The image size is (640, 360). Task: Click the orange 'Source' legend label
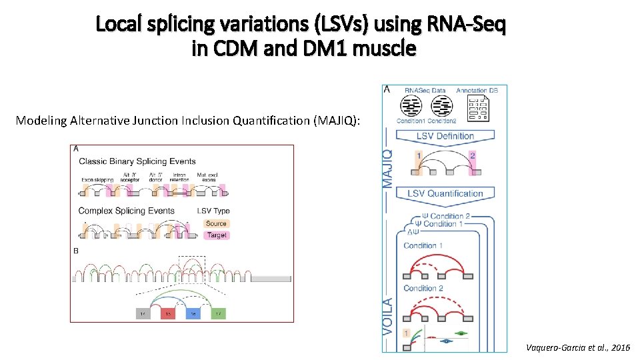coord(216,224)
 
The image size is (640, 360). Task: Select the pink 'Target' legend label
coord(216,235)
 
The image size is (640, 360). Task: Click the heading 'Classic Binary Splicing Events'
coord(137,161)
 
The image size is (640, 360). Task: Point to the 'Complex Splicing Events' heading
coord(127,211)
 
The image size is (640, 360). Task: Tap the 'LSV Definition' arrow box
coord(445,137)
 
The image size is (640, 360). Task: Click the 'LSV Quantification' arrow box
coord(445,194)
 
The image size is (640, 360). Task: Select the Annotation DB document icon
coord(478,108)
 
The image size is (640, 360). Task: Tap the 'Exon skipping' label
coord(97,179)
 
